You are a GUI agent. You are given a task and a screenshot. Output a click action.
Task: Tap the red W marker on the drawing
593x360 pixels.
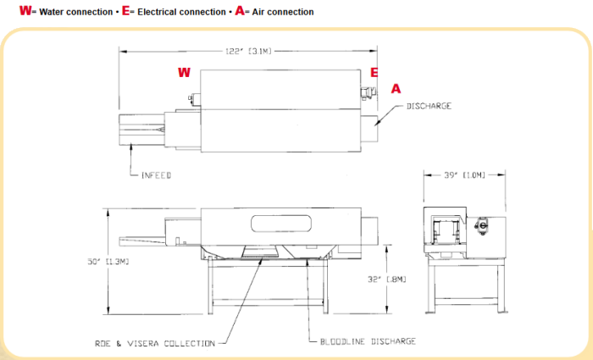(183, 73)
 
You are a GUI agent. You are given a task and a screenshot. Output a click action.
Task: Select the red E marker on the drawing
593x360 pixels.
(374, 73)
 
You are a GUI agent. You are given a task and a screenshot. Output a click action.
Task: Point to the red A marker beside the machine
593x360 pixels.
(395, 88)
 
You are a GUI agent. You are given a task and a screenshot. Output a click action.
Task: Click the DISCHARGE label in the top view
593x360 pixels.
(429, 106)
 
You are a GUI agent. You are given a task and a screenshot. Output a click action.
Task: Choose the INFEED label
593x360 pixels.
(156, 175)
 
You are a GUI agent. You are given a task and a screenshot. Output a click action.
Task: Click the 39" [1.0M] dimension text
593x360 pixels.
(464, 175)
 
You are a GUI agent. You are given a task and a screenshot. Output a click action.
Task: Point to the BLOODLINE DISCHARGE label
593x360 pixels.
(368, 341)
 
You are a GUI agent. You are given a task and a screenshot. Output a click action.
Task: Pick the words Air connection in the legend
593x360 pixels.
(279, 13)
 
